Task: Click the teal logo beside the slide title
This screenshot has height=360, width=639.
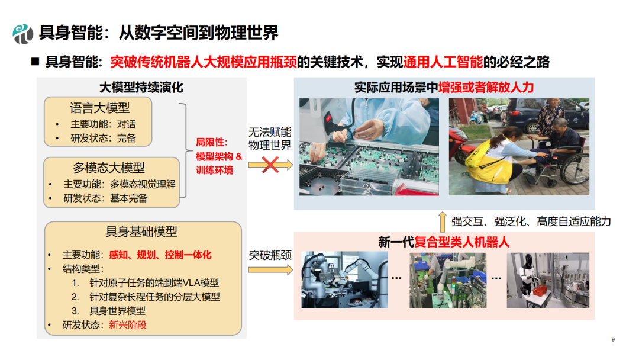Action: click(x=23, y=33)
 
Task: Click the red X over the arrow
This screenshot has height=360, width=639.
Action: click(x=270, y=165)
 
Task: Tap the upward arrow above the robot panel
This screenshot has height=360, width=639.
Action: click(x=442, y=222)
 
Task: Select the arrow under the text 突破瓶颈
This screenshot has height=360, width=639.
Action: click(x=270, y=269)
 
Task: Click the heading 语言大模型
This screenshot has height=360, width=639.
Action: click(x=100, y=108)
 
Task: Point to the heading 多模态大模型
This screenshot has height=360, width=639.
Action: click(x=109, y=168)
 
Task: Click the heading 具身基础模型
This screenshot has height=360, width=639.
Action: click(x=141, y=232)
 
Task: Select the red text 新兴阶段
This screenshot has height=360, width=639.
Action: click(x=128, y=325)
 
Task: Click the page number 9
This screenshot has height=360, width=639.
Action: click(x=613, y=340)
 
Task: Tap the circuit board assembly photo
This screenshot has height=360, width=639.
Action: click(x=369, y=147)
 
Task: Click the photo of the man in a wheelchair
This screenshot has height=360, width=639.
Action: click(x=519, y=147)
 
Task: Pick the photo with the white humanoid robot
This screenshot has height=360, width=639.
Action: click(x=548, y=280)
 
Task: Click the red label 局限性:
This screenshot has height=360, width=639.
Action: click(x=212, y=142)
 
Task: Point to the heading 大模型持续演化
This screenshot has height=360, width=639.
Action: click(x=141, y=87)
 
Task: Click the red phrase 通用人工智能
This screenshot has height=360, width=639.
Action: click(x=443, y=62)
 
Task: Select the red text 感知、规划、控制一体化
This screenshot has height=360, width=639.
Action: click(x=160, y=255)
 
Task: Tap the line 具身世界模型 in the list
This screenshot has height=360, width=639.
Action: click(x=117, y=311)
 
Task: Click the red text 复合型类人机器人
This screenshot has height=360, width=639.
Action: click(x=461, y=242)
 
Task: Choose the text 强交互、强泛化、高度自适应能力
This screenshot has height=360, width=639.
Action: click(x=531, y=221)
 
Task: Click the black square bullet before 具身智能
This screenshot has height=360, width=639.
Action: click(x=35, y=62)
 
